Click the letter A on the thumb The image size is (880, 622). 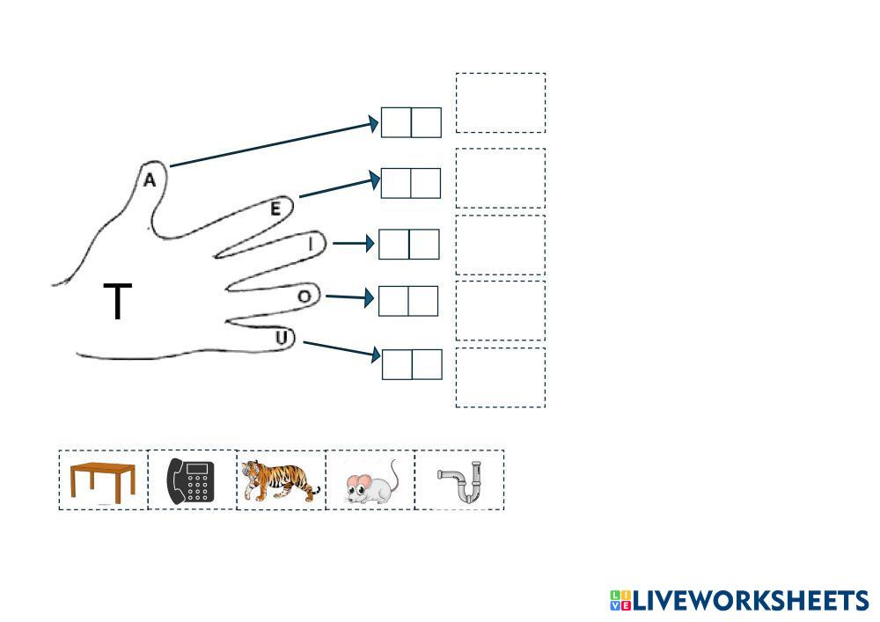(150, 180)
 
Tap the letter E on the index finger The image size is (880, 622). (275, 209)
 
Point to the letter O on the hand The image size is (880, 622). (304, 296)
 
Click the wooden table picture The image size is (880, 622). (103, 481)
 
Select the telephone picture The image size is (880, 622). (192, 480)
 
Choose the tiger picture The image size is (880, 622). (281, 480)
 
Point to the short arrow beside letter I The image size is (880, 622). (353, 244)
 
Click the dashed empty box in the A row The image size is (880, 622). (500, 103)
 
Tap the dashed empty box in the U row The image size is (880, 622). (500, 377)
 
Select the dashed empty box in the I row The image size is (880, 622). (500, 245)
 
